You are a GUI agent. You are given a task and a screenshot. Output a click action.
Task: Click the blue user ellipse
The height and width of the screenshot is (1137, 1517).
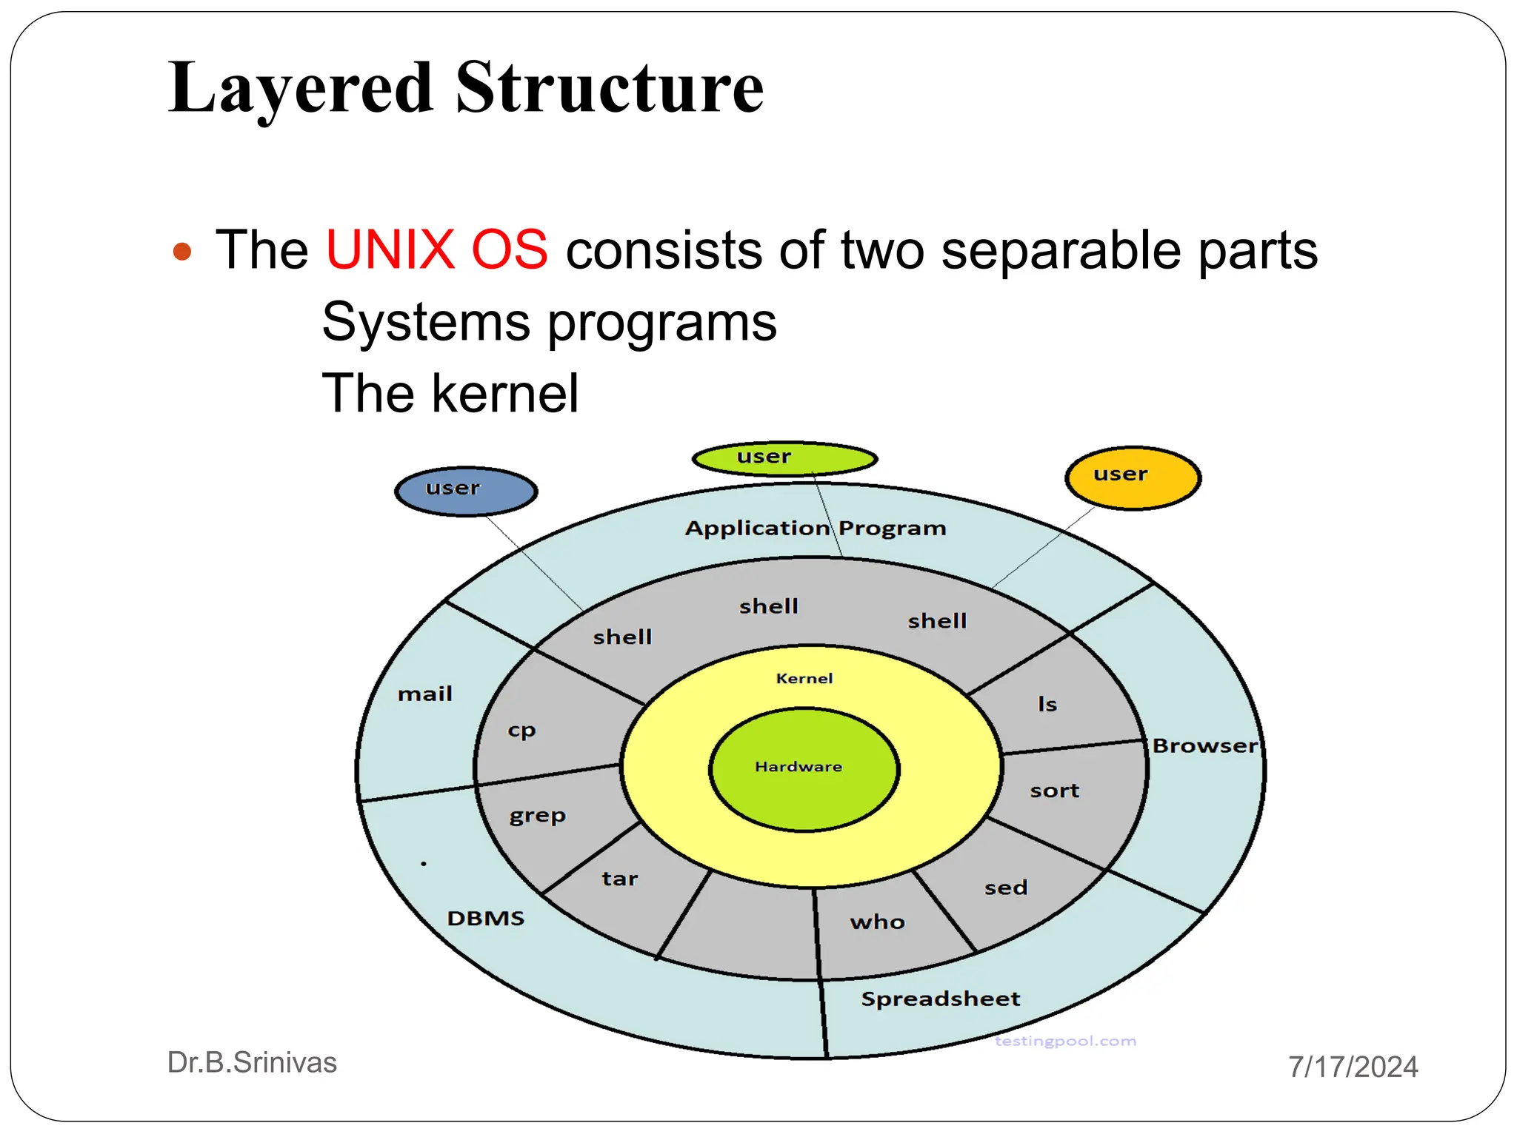466,491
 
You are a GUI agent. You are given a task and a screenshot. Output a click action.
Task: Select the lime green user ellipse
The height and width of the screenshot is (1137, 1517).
784,459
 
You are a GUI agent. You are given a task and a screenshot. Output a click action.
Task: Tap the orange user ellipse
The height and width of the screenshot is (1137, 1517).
1133,477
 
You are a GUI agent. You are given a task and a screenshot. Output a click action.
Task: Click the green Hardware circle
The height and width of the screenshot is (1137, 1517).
804,769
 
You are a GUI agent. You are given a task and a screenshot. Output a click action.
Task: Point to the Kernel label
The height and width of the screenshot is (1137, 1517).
804,678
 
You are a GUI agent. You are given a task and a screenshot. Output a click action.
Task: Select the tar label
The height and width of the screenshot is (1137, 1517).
619,879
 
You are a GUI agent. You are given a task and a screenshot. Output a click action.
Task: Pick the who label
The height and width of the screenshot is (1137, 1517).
877,922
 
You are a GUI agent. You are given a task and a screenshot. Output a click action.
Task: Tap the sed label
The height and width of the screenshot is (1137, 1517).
1006,888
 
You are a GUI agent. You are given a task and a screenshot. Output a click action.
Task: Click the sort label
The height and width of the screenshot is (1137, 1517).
1054,791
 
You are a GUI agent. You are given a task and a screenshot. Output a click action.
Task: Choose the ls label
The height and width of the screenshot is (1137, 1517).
1047,704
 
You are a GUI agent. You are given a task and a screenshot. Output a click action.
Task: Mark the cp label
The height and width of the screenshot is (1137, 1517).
521,731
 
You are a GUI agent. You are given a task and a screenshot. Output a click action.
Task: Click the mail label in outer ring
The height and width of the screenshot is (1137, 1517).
424,694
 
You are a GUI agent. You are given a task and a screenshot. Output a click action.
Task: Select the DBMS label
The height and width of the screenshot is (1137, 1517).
485,919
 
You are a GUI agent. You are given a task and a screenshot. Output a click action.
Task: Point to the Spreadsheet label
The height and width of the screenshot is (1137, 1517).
940,999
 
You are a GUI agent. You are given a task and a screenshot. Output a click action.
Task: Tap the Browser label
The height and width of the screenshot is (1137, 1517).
1204,746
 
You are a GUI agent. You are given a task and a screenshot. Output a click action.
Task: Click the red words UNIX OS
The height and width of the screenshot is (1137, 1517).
436,249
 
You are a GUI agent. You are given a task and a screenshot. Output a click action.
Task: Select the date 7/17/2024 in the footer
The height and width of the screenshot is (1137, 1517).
1353,1067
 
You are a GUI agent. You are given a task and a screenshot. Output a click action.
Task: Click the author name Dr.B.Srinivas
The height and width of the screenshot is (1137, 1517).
252,1062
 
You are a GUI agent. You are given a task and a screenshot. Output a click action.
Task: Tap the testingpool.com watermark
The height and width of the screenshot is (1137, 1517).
1064,1042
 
